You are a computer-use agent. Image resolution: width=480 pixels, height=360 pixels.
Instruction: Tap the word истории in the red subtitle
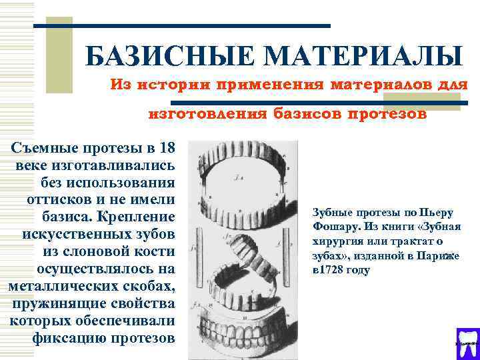coord(167,85)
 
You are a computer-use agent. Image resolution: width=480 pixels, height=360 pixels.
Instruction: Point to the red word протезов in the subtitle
coord(387,113)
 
